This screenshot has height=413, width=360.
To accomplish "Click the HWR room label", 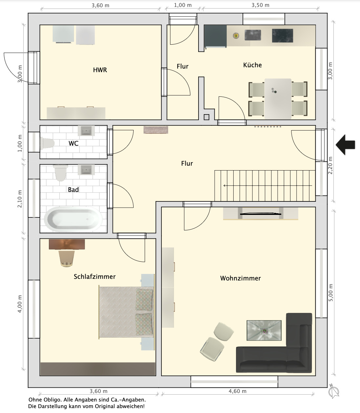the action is [100, 70].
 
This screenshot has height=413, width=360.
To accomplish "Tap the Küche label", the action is [252, 65].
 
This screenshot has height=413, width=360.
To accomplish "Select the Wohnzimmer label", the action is [241, 278].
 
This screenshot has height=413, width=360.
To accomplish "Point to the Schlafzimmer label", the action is [95, 276].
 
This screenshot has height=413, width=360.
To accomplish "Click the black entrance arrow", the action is [345, 145].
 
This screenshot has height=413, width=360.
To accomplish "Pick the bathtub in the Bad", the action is [73, 219].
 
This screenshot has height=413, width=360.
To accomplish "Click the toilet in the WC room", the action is [47, 143].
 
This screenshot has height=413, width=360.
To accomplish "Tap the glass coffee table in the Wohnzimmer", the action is [264, 330].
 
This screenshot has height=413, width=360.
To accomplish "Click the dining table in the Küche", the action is [278, 99].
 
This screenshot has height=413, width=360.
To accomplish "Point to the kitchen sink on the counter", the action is [253, 35].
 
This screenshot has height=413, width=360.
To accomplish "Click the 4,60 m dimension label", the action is [238, 391].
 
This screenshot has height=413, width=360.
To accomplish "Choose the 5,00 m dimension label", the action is [330, 293].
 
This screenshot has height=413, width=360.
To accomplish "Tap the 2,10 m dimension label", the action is [20, 199].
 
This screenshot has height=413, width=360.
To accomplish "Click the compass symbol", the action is [333, 391].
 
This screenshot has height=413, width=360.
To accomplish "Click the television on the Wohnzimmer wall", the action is [261, 214].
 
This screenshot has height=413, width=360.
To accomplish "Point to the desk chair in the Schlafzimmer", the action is [66, 258].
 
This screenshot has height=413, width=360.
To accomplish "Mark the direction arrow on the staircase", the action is [268, 186].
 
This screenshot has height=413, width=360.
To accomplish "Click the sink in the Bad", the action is [86, 170].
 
